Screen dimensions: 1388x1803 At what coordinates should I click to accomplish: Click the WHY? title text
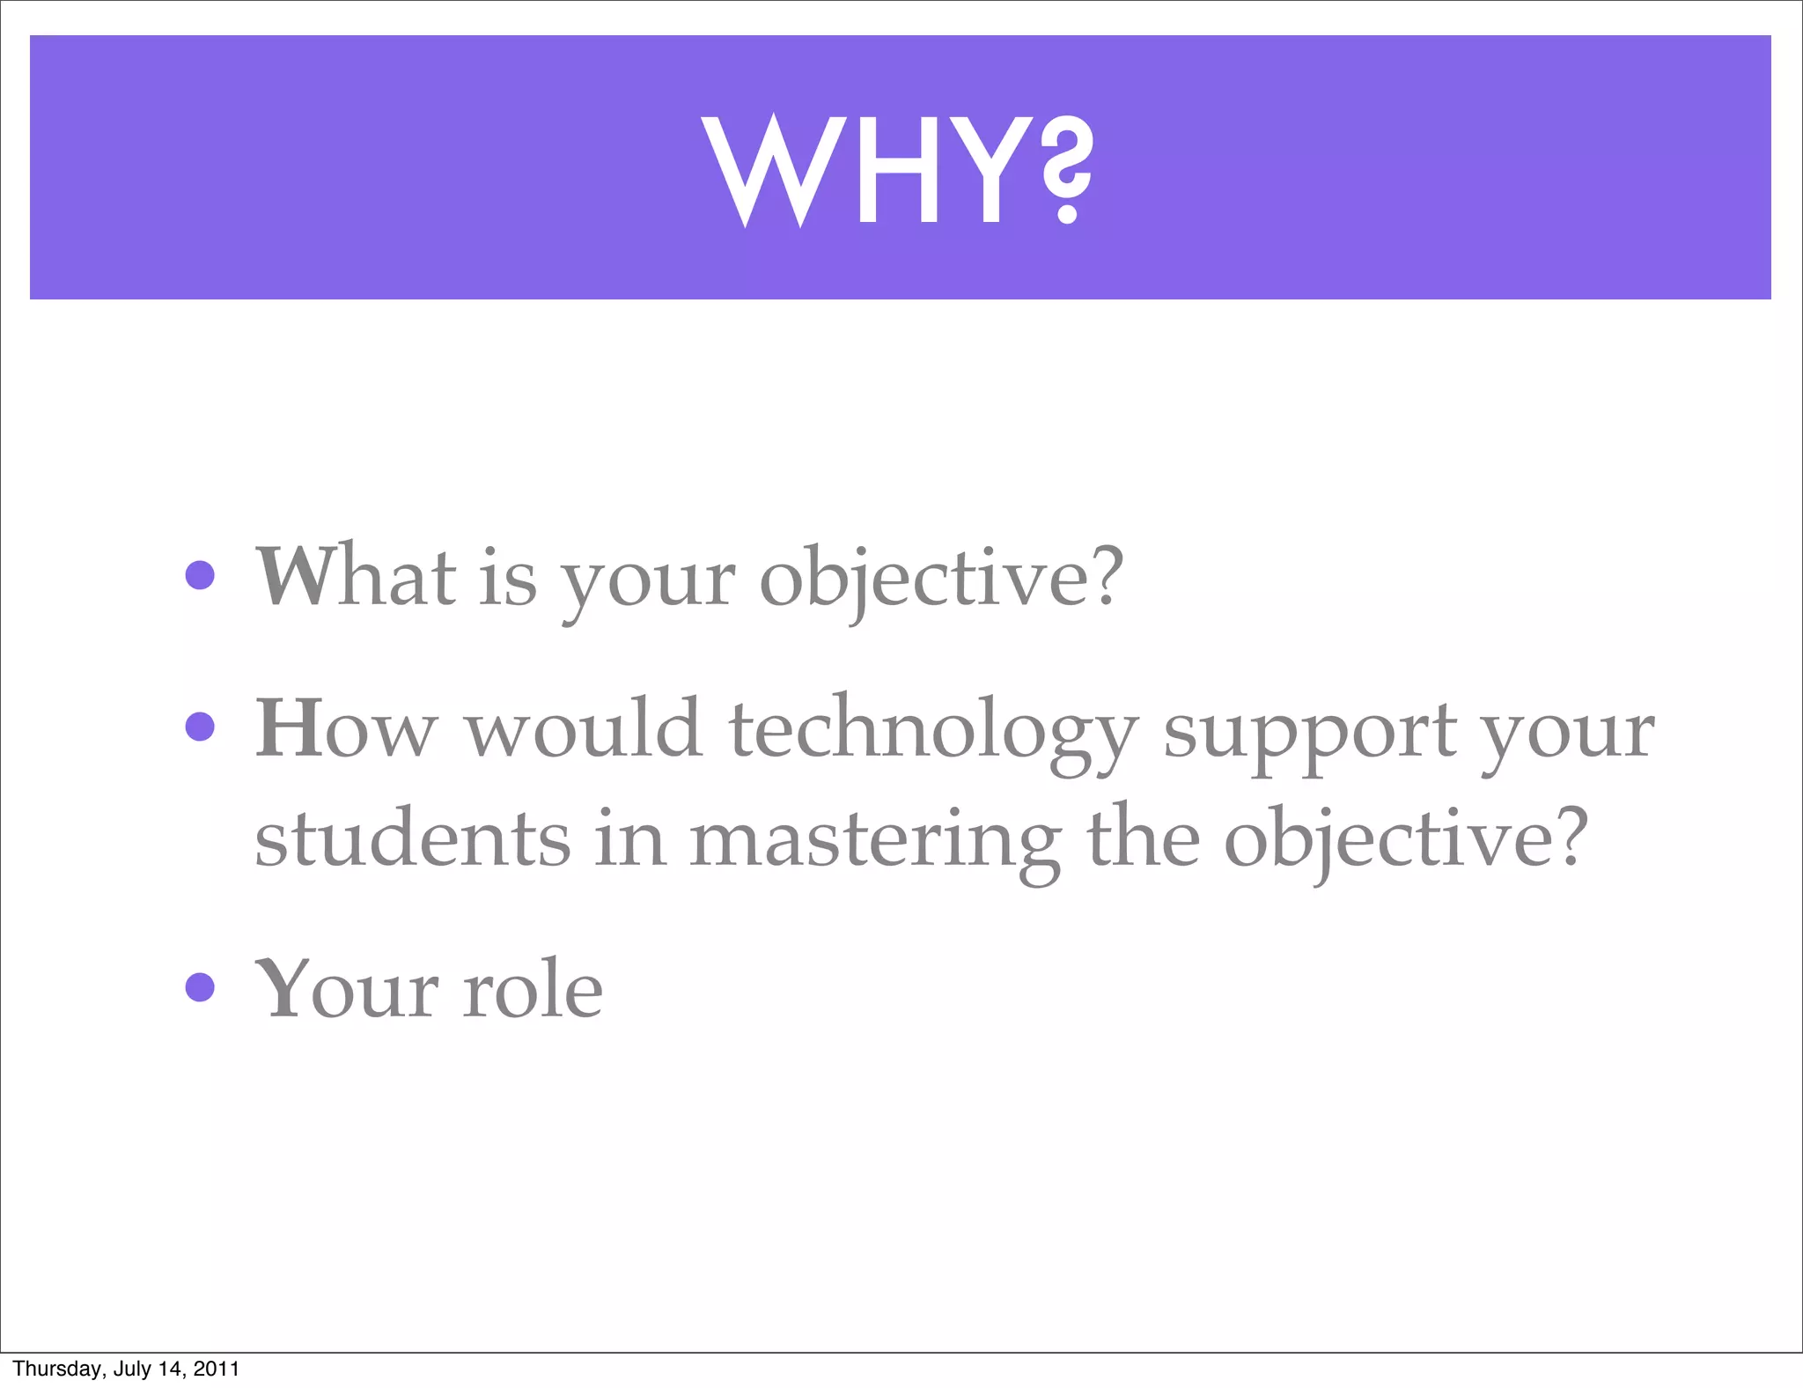[898, 170]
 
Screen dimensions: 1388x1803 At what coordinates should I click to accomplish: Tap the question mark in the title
[1067, 170]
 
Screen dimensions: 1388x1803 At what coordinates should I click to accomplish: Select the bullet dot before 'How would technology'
[201, 727]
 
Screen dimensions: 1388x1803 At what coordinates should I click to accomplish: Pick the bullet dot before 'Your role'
[201, 986]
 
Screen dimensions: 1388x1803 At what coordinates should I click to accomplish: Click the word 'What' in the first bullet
[356, 576]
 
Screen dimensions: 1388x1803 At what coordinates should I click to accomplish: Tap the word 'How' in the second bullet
[345, 728]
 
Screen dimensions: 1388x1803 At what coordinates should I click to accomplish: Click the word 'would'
[583, 728]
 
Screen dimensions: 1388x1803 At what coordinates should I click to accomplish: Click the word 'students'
[412, 838]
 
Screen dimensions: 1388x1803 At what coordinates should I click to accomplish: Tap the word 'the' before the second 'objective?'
[1143, 837]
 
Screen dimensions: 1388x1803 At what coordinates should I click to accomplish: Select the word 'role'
[534, 989]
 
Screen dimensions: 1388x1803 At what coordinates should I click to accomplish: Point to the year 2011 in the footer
[217, 1369]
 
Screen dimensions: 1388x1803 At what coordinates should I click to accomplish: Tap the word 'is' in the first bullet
[508, 578]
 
